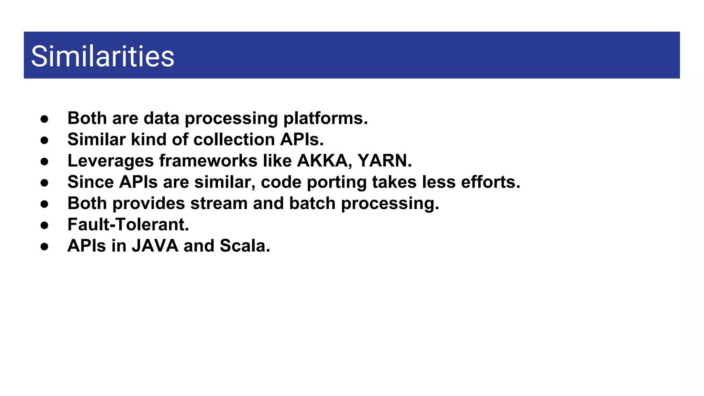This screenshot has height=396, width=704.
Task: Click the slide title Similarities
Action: (102, 56)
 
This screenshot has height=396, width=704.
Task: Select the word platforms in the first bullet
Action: (325, 119)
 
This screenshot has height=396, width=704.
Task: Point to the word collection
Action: (234, 140)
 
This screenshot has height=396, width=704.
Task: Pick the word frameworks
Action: (208, 161)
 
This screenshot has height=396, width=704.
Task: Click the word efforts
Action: (490, 182)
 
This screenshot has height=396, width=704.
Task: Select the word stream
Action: (219, 203)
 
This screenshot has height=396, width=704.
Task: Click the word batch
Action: (312, 203)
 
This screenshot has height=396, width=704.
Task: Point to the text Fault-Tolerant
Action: (128, 224)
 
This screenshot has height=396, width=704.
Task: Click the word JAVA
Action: (155, 246)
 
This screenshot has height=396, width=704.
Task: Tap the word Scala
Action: (244, 246)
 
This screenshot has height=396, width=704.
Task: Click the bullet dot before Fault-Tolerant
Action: (44, 225)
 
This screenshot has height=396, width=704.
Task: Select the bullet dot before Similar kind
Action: (44, 140)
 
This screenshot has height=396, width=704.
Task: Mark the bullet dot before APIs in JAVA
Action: (44, 246)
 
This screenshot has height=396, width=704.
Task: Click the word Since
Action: (90, 182)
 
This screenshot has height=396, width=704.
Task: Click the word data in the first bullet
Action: (161, 118)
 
